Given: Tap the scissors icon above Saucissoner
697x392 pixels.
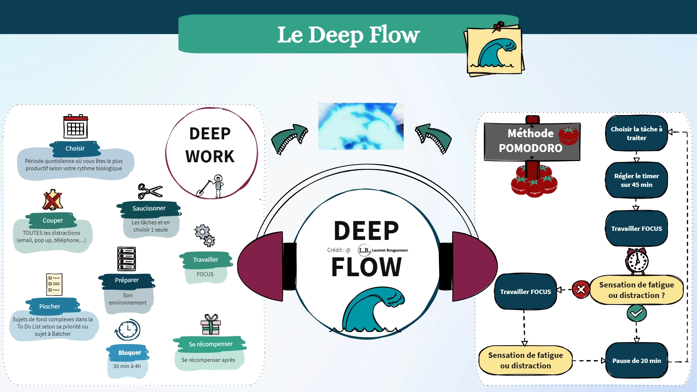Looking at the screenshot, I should (150, 191).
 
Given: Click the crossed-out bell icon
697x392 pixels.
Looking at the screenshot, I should (53, 200).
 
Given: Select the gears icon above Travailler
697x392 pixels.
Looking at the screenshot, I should (205, 236).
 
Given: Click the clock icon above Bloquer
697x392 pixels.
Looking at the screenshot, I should (128, 330).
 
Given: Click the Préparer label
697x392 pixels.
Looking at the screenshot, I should (127, 280).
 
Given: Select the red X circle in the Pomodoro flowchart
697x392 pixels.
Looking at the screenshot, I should (581, 290).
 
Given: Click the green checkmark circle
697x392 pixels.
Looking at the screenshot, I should (636, 313).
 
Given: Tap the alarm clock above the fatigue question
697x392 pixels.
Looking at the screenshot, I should (637, 261).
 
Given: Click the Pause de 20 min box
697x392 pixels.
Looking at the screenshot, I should (636, 361).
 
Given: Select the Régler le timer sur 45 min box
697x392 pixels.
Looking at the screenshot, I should (636, 180).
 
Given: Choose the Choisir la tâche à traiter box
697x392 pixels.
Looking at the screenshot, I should (636, 133).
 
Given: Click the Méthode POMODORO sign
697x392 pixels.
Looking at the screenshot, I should (532, 141).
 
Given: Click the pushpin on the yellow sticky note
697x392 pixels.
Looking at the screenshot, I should (499, 26).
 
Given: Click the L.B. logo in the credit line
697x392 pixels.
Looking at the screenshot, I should (364, 250).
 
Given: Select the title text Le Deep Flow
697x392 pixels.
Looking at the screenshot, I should (348, 35).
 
